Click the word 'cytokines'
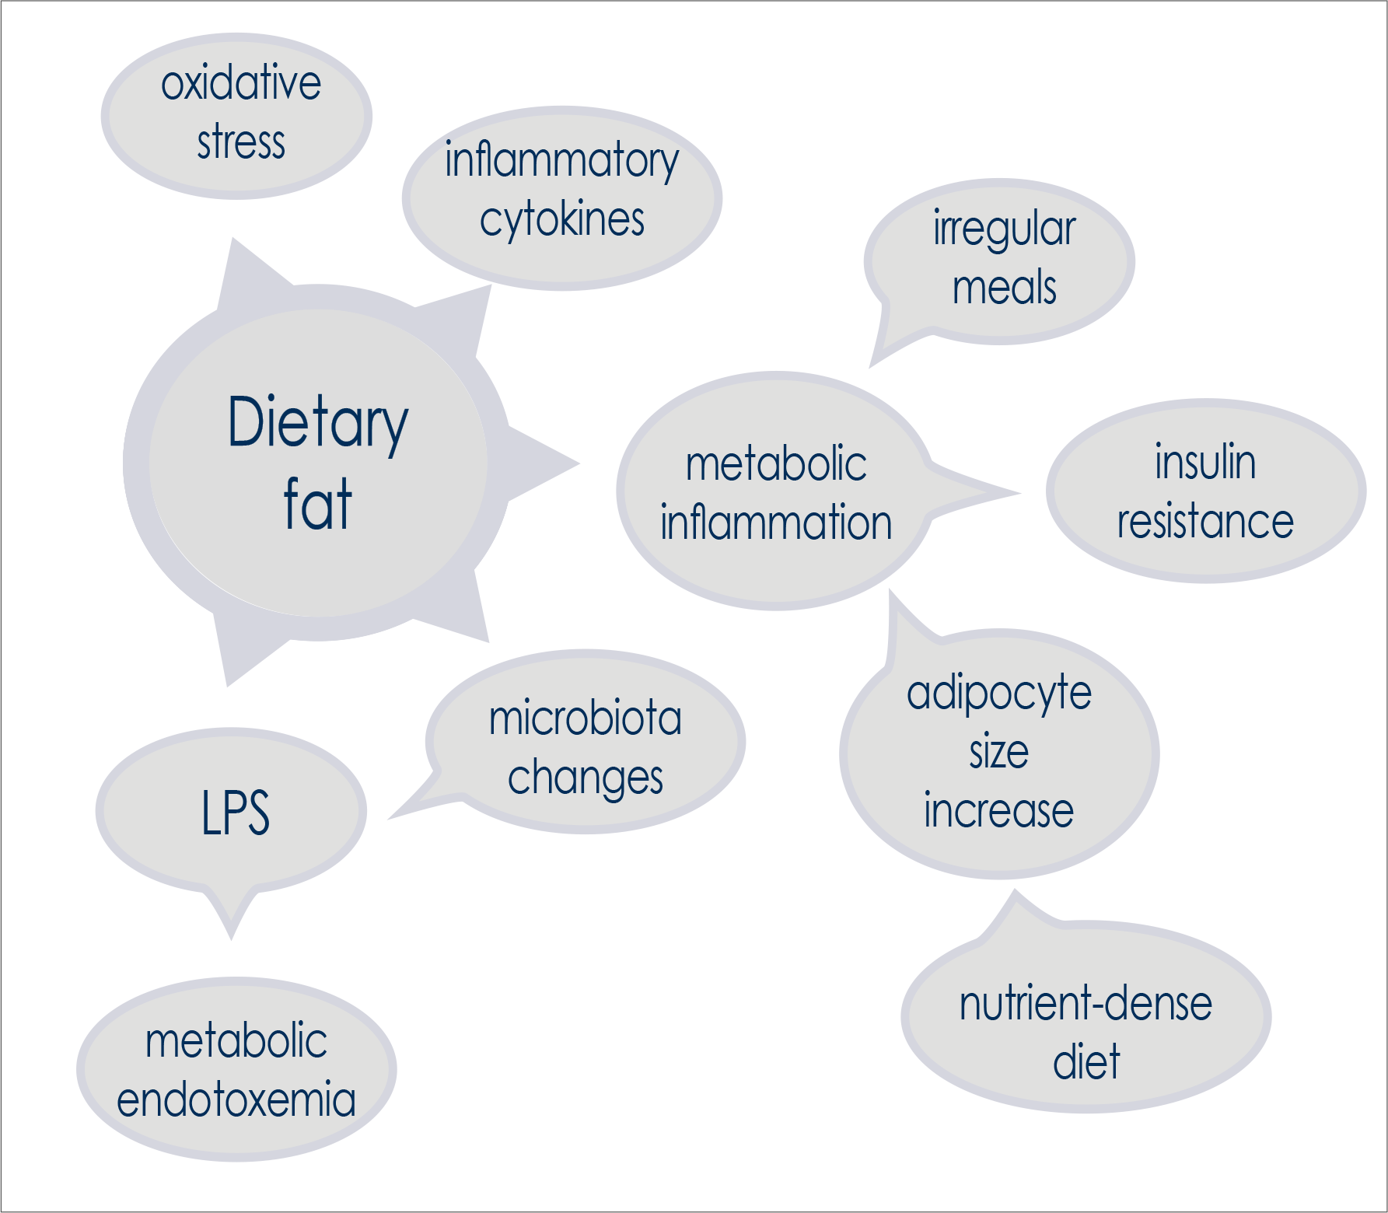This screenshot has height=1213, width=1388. point(562,220)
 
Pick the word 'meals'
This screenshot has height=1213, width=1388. point(1004,288)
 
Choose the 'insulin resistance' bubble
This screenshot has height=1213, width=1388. point(1205,491)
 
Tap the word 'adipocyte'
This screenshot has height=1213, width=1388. point(999,694)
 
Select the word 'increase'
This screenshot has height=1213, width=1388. point(999,810)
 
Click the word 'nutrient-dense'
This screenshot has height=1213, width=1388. point(1086,1004)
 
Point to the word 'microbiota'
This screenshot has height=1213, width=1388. point(585,718)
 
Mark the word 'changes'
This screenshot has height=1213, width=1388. point(585,778)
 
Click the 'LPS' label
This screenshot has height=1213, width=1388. point(236,813)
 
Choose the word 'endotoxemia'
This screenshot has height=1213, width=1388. point(236,1099)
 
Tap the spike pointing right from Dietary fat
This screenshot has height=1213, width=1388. point(548,464)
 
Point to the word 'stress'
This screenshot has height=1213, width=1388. point(241,143)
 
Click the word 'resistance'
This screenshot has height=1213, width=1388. point(1205,521)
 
